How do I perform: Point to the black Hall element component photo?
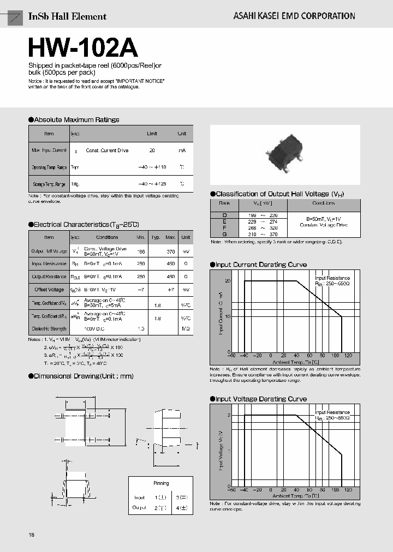click(284, 155)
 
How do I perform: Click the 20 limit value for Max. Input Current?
click(152, 151)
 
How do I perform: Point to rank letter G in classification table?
click(224, 233)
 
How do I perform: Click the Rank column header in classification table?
click(224, 203)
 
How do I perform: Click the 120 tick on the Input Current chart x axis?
click(347, 355)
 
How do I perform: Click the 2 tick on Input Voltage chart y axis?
click(229, 416)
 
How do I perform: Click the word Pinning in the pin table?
click(162, 483)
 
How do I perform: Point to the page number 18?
click(31, 535)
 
